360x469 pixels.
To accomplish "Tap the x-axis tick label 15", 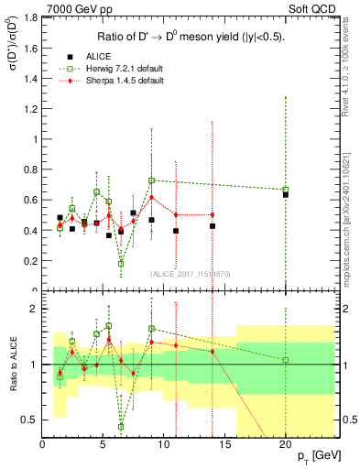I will pyautogui.click(x=224, y=444).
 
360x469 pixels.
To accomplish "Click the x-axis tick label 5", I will pyautogui.click(x=103, y=444).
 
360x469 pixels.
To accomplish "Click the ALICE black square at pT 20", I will pyautogui.click(x=286, y=194).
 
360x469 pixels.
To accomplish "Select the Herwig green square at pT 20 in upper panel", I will pyautogui.click(x=286, y=190).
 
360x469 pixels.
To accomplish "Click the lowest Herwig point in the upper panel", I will pyautogui.click(x=121, y=263).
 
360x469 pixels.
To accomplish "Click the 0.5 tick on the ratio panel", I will pyautogui.click(x=30, y=420).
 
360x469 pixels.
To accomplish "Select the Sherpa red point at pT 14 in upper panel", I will pyautogui.click(x=213, y=214).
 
